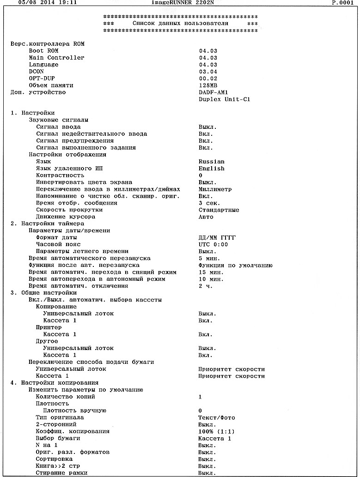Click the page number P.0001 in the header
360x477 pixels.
pos(342,2)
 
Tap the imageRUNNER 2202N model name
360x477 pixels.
pos(179,2)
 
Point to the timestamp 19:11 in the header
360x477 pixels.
pos(67,2)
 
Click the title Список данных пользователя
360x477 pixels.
pos(180,23)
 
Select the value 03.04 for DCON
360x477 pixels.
pos(208,72)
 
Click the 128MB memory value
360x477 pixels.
pos(208,85)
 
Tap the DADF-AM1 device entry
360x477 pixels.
pos(214,92)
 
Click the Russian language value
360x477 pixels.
pos(212,162)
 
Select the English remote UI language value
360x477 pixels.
pos(212,169)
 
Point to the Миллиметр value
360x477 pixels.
pos(215,189)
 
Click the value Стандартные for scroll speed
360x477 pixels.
pos(219,210)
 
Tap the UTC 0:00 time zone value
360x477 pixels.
pos(214,245)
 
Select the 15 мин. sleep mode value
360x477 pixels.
pos(212,272)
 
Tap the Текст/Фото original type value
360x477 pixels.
pos(217,418)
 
